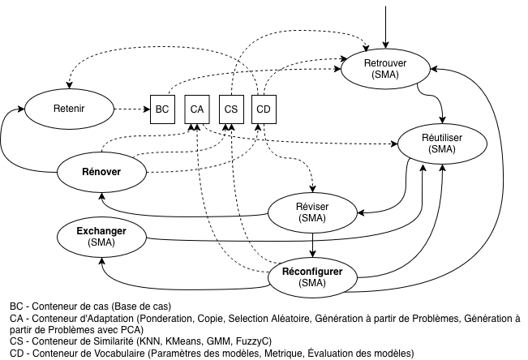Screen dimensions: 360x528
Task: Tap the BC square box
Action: (x=162, y=109)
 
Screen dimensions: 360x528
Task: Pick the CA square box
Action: (x=196, y=109)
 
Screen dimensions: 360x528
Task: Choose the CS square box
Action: (x=230, y=109)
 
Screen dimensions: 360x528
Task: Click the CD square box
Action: (x=264, y=109)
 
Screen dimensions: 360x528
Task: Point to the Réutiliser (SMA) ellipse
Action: (x=442, y=144)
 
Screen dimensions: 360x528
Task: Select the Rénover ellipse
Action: (x=101, y=171)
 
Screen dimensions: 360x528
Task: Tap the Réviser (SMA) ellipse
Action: (x=312, y=212)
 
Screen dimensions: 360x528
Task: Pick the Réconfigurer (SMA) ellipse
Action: (x=312, y=276)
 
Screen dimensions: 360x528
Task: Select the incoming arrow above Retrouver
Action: (x=386, y=24)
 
